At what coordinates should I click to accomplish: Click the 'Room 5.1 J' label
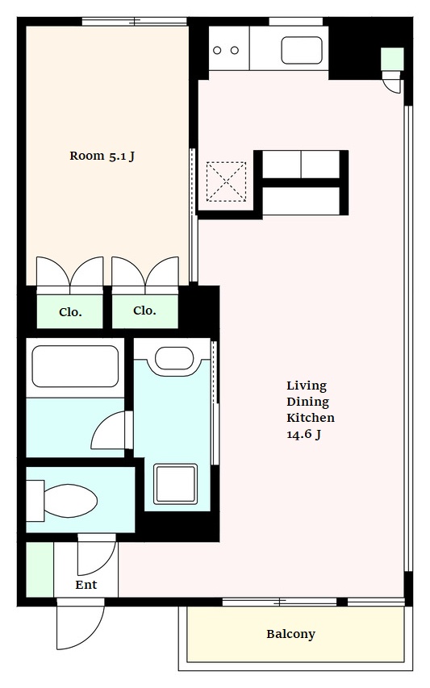click(102, 156)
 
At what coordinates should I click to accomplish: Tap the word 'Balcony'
click(291, 634)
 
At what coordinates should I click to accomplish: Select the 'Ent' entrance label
click(86, 585)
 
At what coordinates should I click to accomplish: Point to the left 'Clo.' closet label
click(70, 312)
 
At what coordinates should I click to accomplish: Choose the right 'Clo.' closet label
click(144, 311)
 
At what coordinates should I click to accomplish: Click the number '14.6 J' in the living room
click(303, 434)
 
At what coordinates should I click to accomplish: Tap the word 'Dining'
click(307, 402)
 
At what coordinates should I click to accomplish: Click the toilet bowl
click(70, 501)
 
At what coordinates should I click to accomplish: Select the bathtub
click(76, 367)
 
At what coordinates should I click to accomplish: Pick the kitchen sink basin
click(302, 51)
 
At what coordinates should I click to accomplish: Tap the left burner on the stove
click(217, 50)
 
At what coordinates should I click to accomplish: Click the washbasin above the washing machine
click(174, 358)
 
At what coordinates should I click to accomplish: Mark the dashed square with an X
click(226, 181)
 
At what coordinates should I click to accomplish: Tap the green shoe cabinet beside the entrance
click(40, 569)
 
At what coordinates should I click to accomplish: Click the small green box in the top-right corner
click(392, 58)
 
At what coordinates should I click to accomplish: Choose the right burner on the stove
click(235, 50)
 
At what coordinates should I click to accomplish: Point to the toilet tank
click(35, 501)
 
